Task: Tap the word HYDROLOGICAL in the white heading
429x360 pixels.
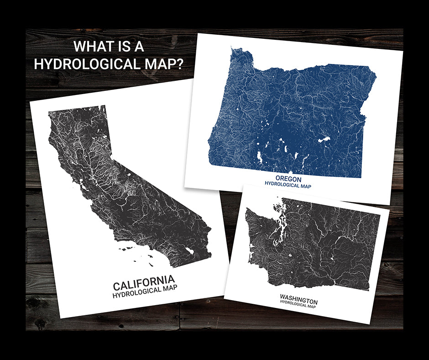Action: (x=91, y=64)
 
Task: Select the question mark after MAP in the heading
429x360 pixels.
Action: (x=179, y=64)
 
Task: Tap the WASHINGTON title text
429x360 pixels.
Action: (x=299, y=301)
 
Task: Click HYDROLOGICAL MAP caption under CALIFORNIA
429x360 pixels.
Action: (x=145, y=292)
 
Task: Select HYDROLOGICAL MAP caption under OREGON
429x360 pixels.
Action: (x=288, y=185)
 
